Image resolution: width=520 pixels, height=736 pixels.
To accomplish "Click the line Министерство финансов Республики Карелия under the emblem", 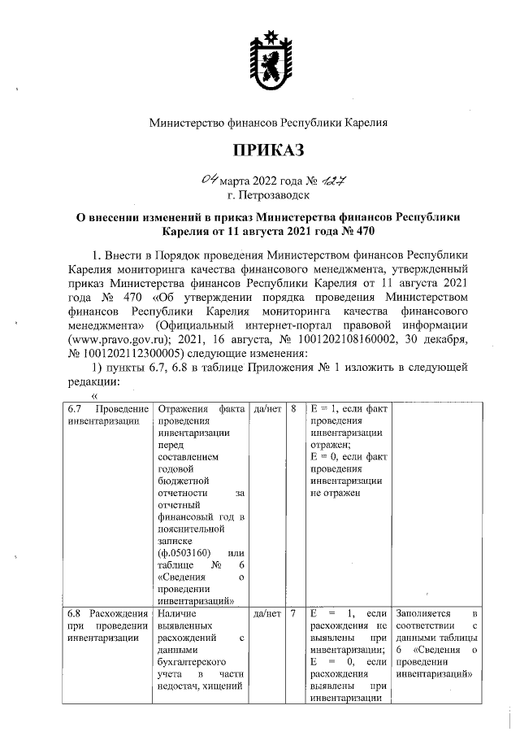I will coord(267,124).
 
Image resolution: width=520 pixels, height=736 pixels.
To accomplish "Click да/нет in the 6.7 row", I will coord(266,408).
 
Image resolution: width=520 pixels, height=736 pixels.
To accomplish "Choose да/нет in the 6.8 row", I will coord(266,613).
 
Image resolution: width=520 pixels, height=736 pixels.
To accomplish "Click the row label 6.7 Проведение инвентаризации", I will coord(108,415).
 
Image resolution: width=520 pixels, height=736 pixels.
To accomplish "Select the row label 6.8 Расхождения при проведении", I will coord(108,625).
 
